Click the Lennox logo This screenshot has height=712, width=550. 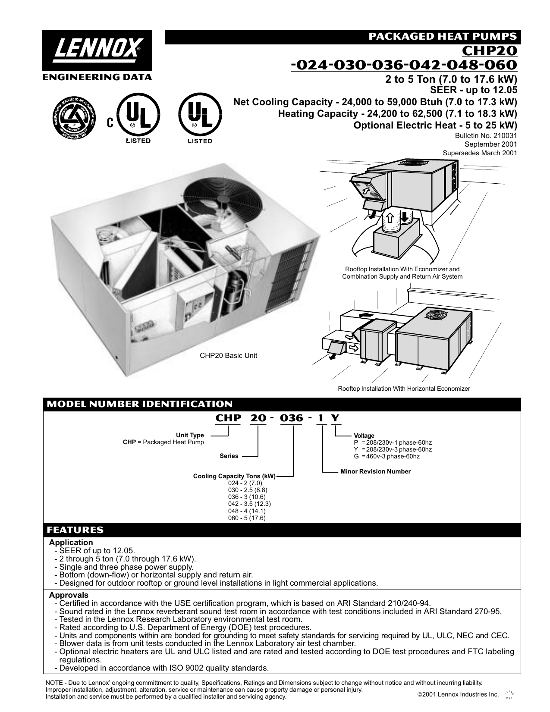[97, 51]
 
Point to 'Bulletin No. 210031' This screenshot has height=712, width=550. [486, 135]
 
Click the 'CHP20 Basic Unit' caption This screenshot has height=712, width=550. [228, 356]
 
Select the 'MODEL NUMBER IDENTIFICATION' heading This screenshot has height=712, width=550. [139, 404]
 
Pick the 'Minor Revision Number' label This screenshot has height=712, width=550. [375, 471]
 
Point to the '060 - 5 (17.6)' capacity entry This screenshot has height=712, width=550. [247, 518]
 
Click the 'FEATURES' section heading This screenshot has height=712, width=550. [75, 530]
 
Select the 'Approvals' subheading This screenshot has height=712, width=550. [69, 595]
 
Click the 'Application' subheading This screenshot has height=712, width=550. [71, 543]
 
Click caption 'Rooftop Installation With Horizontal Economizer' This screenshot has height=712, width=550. [404, 389]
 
